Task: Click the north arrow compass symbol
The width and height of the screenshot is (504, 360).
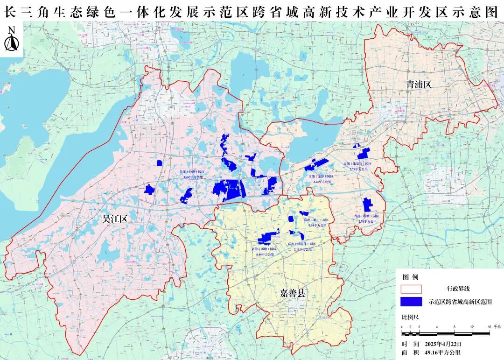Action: point(12,40)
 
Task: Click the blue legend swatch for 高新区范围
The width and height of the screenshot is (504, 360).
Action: point(411,302)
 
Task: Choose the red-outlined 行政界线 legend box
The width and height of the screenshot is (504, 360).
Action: point(411,289)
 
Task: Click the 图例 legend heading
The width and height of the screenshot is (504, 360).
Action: point(408,277)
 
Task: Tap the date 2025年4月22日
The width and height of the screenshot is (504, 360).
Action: point(443,344)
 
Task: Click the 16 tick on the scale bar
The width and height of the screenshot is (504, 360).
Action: point(489,326)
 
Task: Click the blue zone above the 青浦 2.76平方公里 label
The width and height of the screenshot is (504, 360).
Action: point(367,205)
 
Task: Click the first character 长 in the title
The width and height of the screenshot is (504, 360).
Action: point(10,13)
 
